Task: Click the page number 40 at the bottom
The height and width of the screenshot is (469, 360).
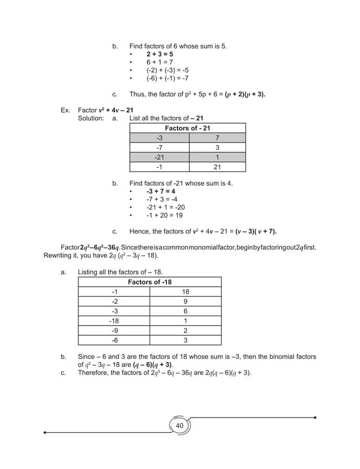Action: [x=179, y=425]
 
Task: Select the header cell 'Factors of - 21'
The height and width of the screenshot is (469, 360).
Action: [x=187, y=129]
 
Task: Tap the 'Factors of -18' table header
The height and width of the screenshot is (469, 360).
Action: [x=150, y=282]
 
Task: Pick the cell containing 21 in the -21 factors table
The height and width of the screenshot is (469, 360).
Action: [x=217, y=167]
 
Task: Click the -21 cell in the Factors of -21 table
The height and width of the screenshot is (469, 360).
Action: [x=159, y=157]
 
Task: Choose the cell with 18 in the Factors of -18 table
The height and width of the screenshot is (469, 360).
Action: [x=186, y=292]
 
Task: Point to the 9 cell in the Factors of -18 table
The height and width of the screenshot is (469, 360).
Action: [x=186, y=301]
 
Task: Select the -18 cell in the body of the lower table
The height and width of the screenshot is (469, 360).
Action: [x=115, y=321]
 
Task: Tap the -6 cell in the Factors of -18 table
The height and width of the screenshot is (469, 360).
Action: [x=115, y=340]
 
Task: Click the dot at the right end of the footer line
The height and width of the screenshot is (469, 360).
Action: [x=314, y=418]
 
